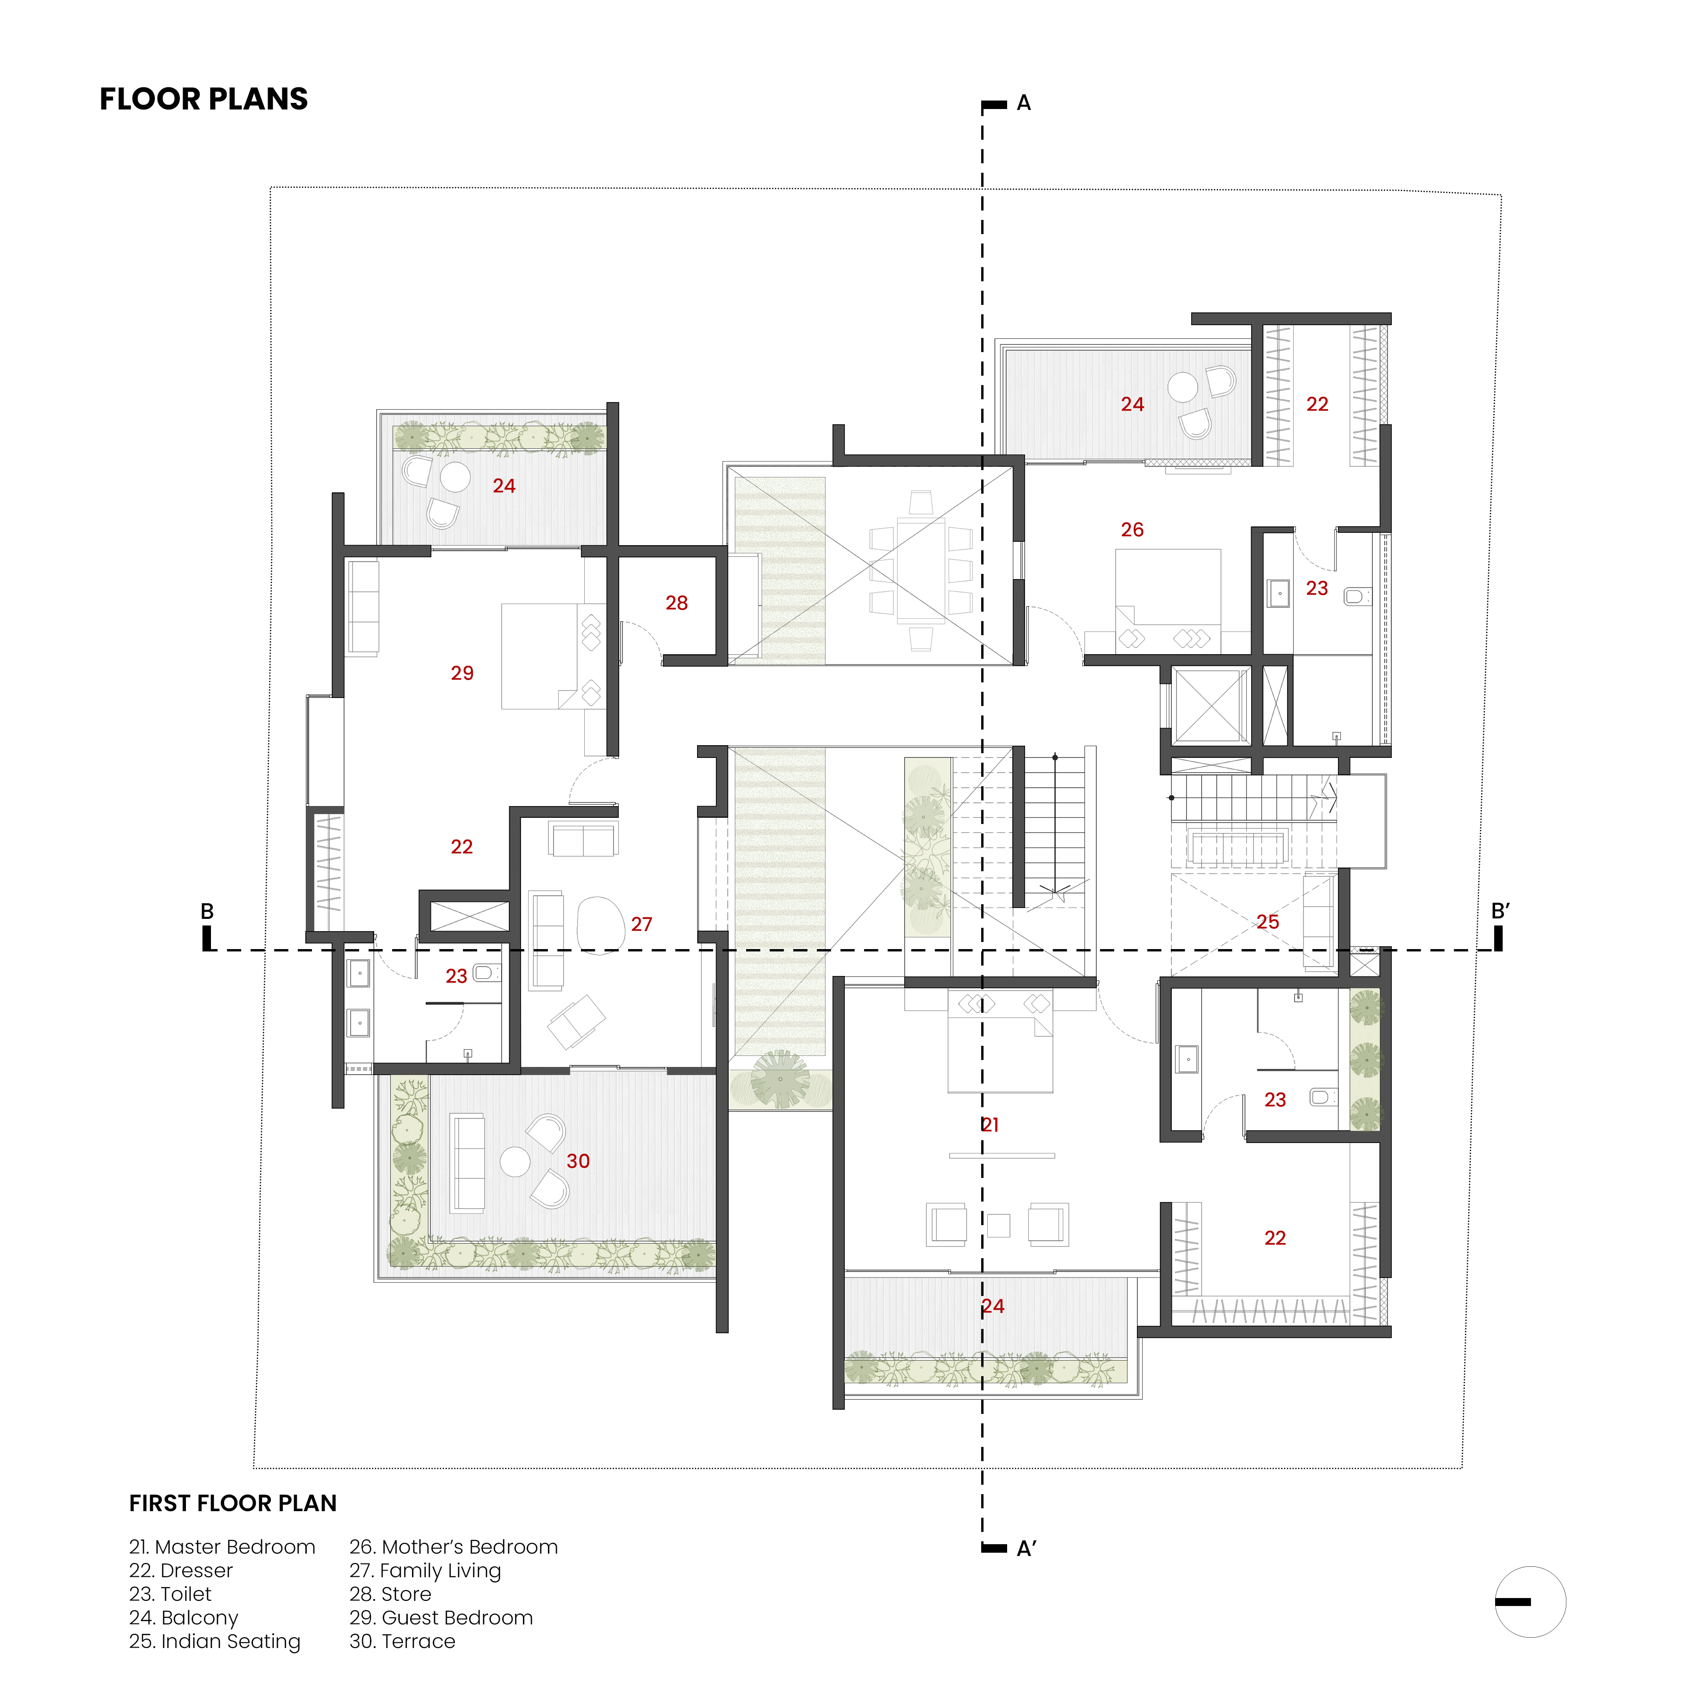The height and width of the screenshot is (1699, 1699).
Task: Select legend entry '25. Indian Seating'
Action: pos(215,1642)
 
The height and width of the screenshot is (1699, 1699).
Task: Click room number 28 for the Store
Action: pos(676,603)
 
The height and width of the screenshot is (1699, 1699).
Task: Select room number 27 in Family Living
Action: pos(642,924)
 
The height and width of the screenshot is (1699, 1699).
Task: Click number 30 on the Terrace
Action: pos(578,1161)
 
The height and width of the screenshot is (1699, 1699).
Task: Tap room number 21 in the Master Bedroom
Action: pos(990,1125)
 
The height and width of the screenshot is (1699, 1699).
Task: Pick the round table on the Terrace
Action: pos(515,1161)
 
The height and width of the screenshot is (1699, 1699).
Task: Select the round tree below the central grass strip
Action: pos(781,1079)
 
